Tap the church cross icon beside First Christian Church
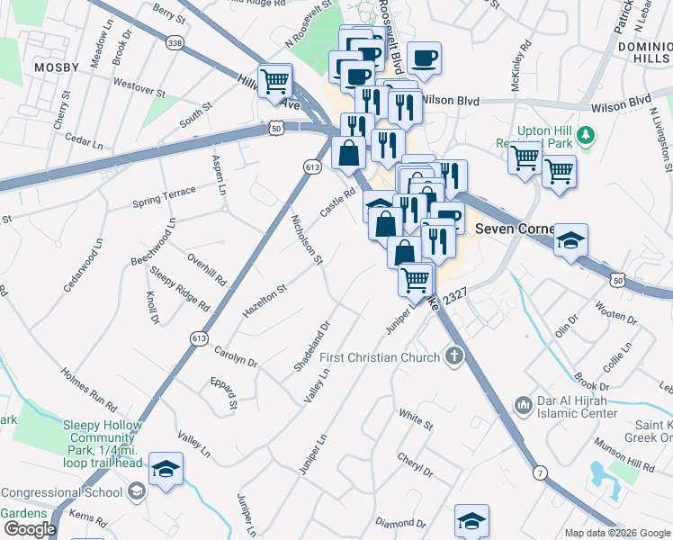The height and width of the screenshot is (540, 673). pos(455,356)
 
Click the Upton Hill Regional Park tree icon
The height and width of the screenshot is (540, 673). pos(587,135)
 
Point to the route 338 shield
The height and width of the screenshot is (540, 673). pos(175,42)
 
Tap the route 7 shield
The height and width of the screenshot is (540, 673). pos(539,472)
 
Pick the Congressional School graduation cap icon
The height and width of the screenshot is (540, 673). pos(136,491)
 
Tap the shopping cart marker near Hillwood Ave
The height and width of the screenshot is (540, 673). pos(275,81)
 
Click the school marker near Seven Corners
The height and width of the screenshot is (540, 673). pos(570,241)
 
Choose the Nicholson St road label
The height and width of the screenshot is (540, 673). pos(306,239)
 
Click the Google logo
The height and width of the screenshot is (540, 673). pos(29,529)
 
